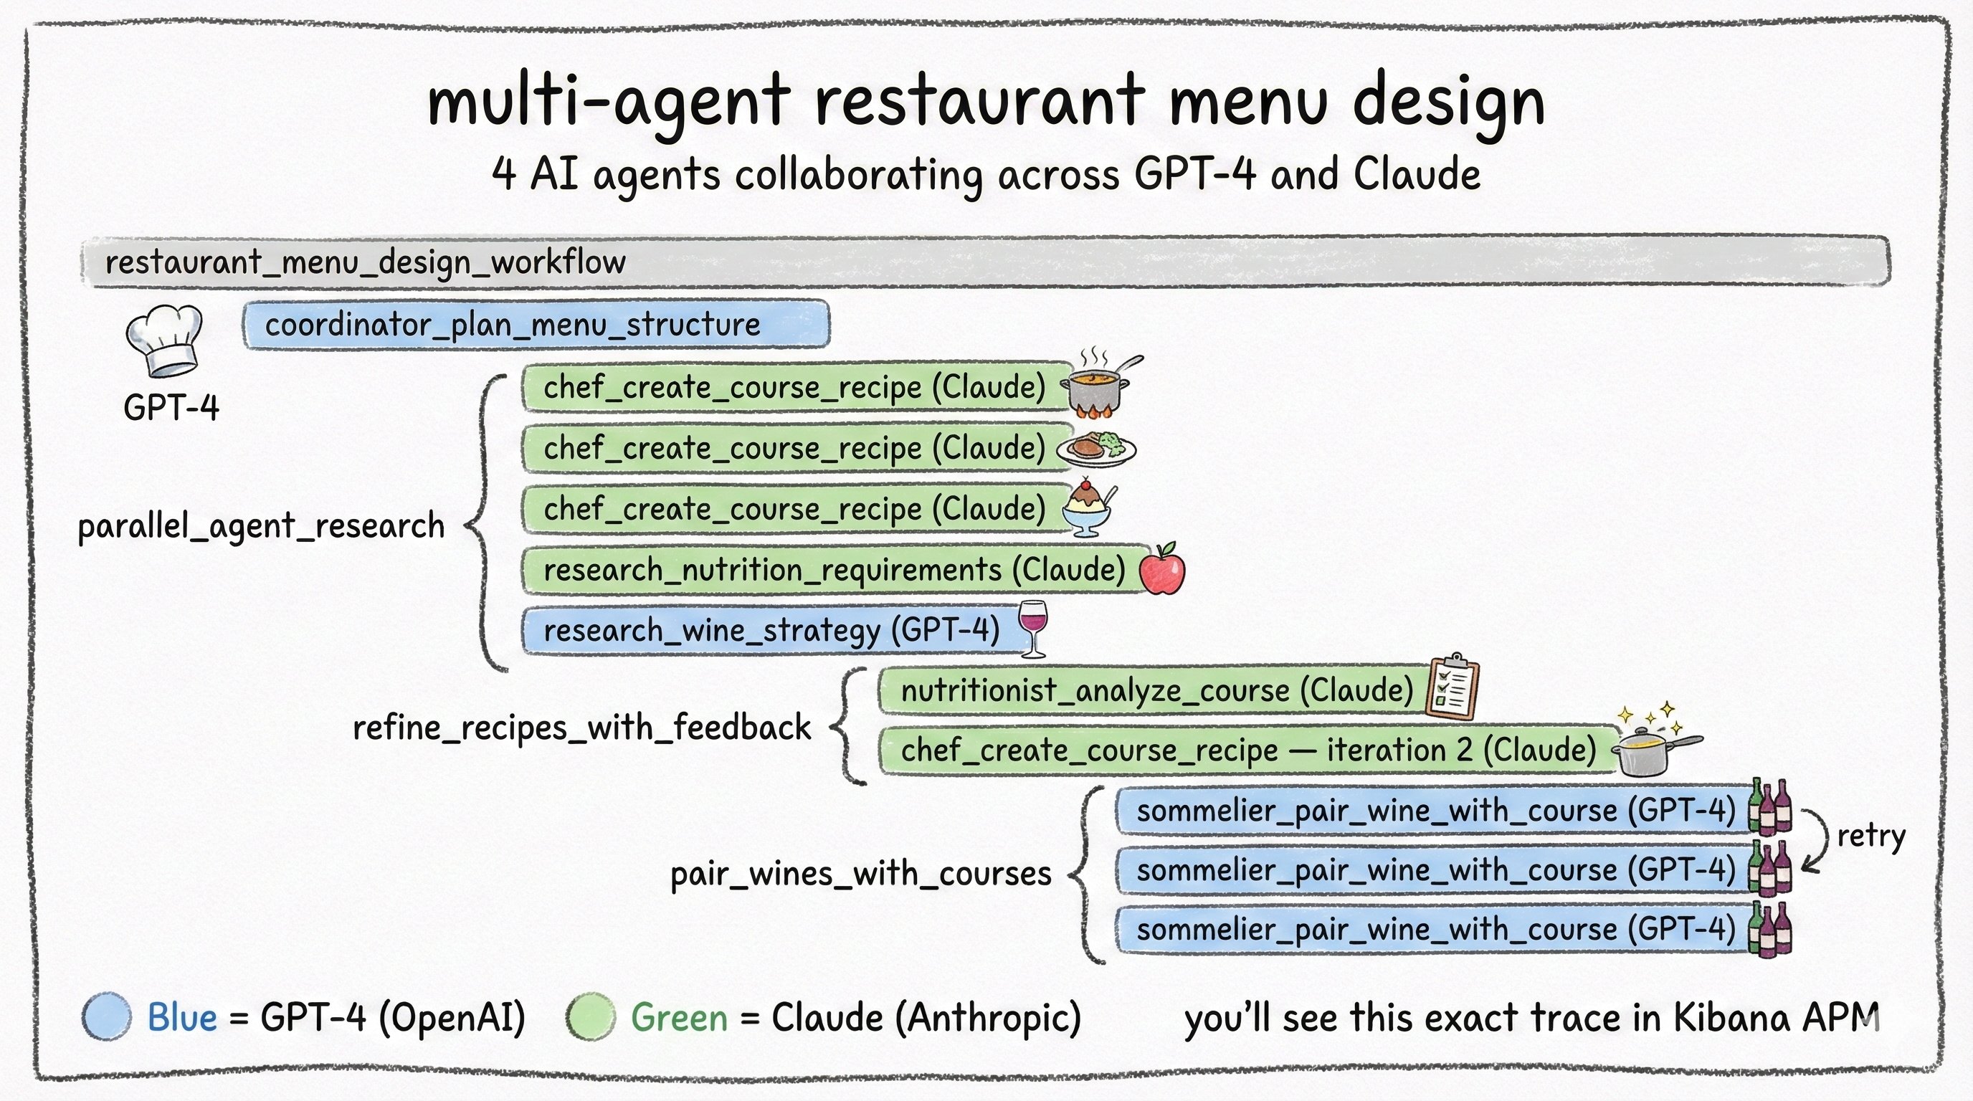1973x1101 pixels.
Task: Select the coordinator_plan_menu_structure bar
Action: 536,325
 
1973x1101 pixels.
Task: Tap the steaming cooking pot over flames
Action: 1098,386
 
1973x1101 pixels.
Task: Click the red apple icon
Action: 1162,570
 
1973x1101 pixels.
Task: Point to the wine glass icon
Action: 1032,628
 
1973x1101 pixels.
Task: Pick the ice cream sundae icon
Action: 1088,507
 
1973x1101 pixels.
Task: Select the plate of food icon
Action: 1096,449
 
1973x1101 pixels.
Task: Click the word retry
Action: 1870,836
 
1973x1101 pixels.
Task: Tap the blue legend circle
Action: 106,1017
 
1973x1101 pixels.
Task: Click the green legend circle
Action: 591,1017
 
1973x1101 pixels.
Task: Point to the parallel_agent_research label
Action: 261,527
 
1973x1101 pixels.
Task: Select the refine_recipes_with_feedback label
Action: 581,728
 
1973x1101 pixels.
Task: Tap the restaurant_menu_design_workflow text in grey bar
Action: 366,262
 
